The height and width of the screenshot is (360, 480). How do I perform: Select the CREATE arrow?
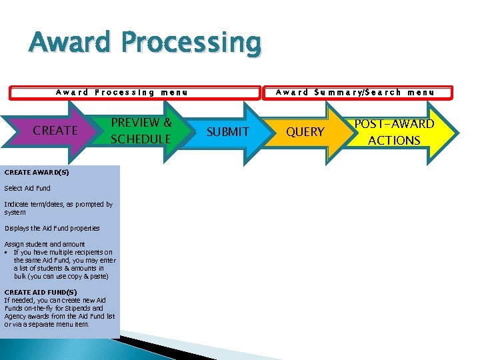pos(55,131)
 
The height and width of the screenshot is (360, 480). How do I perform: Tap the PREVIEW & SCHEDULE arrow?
pos(141,131)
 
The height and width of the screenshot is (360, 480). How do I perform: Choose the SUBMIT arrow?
pos(227,132)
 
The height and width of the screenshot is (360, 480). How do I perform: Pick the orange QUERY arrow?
pos(305,132)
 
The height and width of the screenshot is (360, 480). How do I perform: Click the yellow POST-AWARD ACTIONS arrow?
pos(395,132)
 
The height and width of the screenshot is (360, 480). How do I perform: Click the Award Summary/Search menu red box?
pos(355,93)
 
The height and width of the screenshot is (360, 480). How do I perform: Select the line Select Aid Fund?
pos(27,188)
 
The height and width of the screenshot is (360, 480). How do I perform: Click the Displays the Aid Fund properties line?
pos(52,228)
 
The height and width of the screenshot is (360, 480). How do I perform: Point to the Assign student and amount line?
pos(45,244)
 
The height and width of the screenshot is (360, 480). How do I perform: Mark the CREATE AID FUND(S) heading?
pos(41,292)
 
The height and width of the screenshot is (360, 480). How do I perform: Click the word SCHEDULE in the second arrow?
pos(141,139)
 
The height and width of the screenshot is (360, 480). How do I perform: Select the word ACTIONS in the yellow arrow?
pos(394,140)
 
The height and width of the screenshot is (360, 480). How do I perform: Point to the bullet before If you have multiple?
pos(6,252)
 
